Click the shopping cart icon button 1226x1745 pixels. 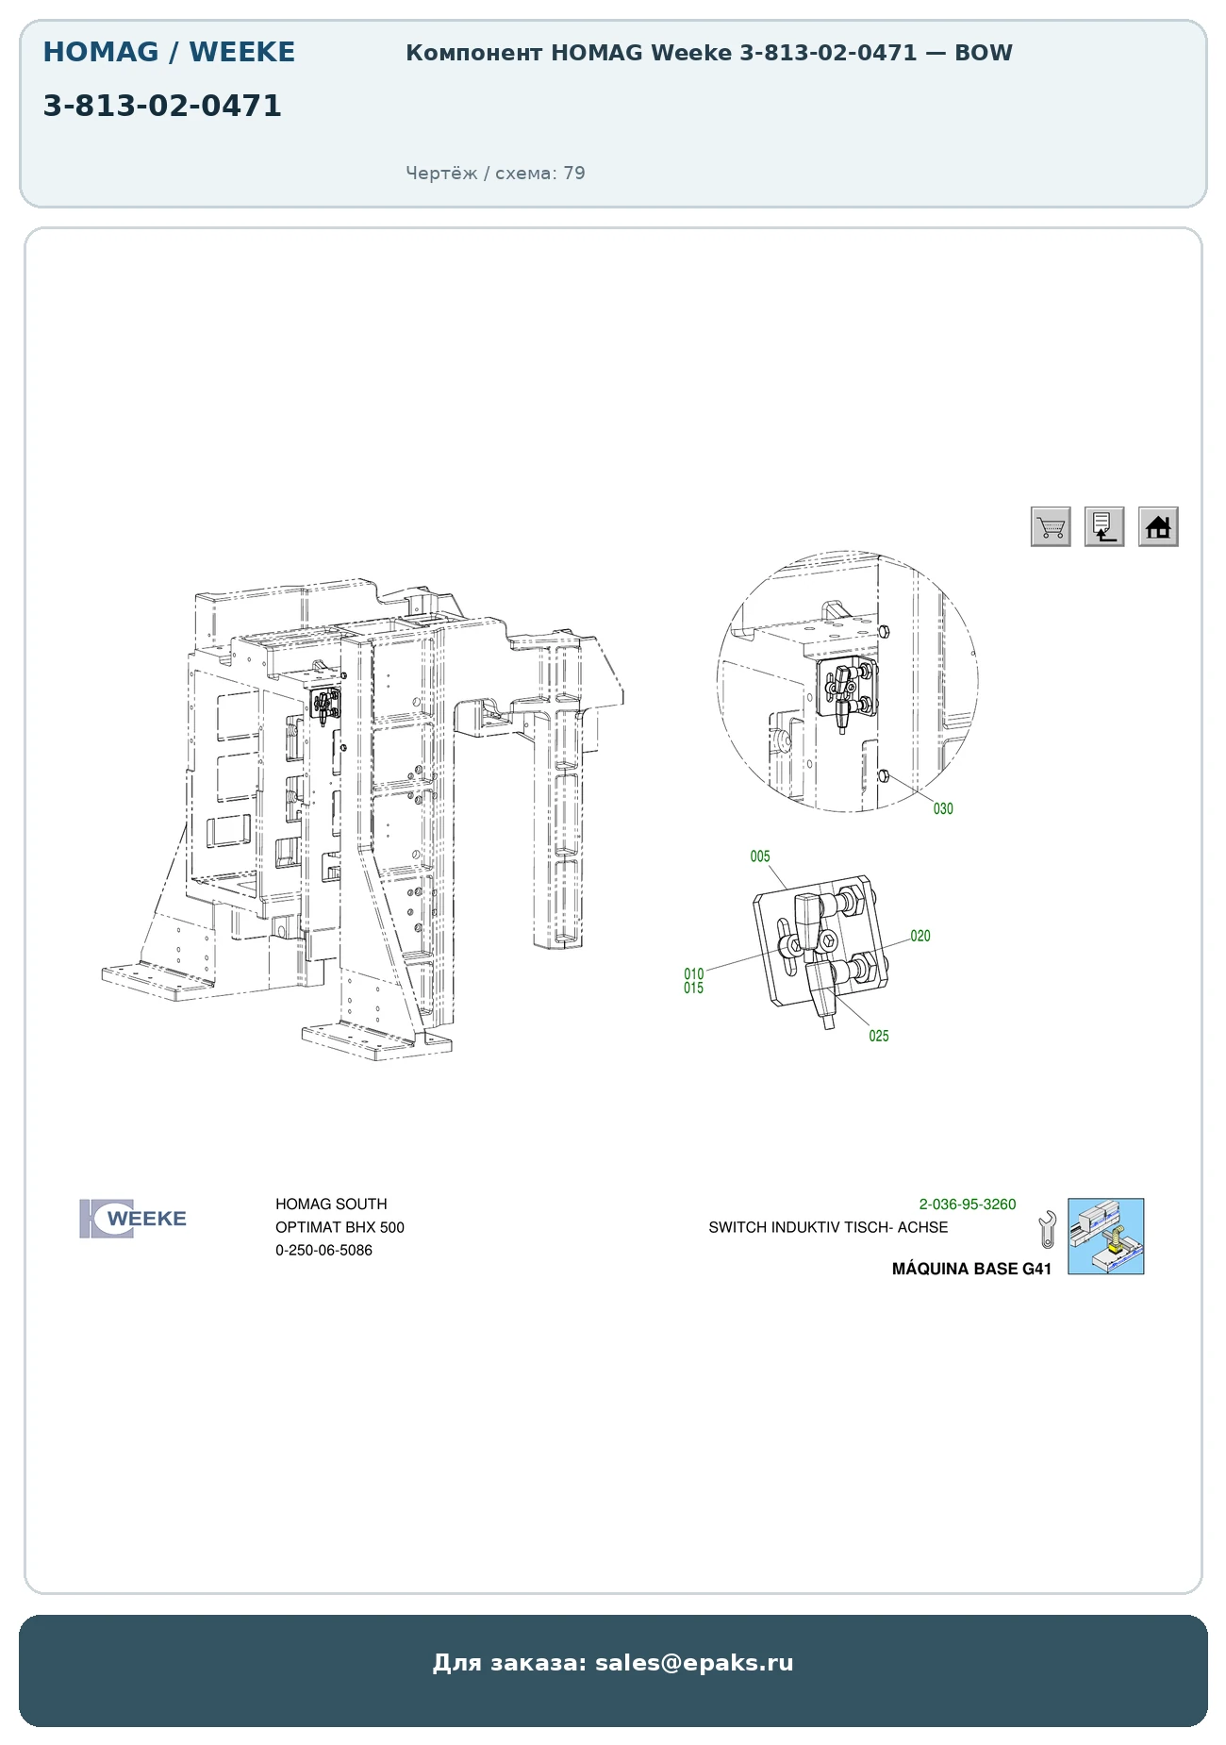point(1051,526)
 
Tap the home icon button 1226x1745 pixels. point(1158,526)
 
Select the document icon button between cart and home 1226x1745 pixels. point(1104,526)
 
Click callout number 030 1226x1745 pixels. point(943,808)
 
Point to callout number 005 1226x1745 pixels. point(760,856)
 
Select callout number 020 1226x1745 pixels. point(920,936)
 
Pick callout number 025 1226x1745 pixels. point(879,1036)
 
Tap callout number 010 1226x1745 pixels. point(694,973)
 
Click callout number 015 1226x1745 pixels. point(694,988)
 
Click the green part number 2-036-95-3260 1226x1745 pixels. point(968,1205)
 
